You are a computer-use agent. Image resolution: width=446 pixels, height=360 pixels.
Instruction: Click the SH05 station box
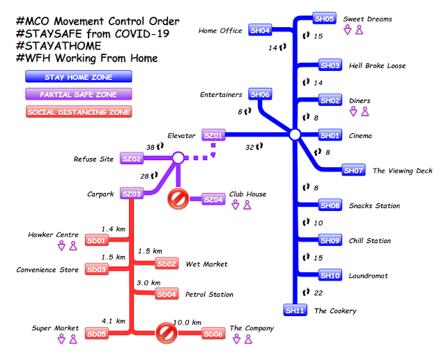point(325,19)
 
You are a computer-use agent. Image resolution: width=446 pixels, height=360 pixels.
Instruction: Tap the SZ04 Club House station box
point(214,200)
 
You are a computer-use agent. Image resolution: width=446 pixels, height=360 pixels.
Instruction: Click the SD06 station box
point(213,334)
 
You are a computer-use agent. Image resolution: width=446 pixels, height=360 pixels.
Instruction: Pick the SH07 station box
point(353,170)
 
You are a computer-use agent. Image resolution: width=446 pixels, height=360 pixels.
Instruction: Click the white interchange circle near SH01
point(294,134)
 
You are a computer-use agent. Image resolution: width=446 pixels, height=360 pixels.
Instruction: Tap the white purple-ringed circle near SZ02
point(178,159)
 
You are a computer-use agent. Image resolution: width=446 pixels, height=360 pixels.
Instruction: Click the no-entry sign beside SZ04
point(178,200)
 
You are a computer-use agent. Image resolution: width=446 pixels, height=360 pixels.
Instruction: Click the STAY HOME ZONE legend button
point(78,77)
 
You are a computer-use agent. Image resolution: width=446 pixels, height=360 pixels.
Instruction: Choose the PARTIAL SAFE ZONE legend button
point(78,94)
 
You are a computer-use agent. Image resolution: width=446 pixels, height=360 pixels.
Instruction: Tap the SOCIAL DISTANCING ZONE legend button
point(78,111)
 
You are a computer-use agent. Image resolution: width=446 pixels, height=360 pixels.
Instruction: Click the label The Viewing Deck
point(402,171)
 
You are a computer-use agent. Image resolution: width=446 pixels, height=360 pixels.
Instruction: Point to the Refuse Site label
point(93,159)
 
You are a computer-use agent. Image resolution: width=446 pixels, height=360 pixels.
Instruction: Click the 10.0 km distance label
point(187,322)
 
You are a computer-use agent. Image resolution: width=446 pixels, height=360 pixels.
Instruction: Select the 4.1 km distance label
point(114,322)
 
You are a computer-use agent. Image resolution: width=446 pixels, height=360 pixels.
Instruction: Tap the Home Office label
point(220,31)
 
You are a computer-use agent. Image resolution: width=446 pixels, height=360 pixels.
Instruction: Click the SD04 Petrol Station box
point(167,295)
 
